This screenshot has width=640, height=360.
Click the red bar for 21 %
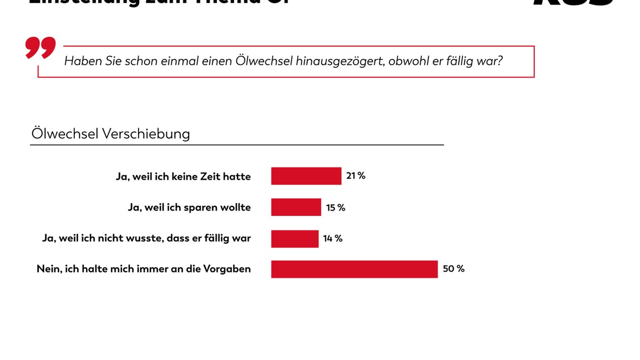[306, 176]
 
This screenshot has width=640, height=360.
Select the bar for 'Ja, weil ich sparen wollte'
[296, 207]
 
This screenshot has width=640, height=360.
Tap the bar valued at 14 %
[294, 238]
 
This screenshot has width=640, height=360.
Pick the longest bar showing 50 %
[354, 269]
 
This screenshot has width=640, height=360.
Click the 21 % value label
[356, 175]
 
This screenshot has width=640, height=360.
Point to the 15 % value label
[336, 207]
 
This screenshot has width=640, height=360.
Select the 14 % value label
[333, 238]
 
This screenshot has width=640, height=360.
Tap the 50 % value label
[454, 269]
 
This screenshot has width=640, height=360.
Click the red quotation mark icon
[40, 49]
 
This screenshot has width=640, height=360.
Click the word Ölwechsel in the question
[261, 61]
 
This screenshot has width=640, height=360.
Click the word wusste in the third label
[140, 238]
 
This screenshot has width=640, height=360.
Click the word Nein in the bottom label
[49, 269]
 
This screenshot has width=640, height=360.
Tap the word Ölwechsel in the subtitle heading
[63, 133]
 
